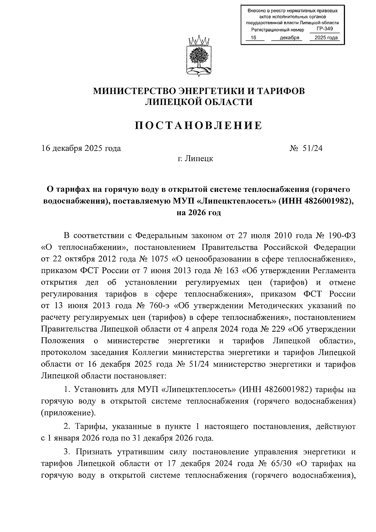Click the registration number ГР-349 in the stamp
(x=324, y=29)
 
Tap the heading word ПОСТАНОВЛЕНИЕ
(x=199, y=125)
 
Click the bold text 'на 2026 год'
(x=199, y=213)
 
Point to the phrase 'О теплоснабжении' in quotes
(x=83, y=247)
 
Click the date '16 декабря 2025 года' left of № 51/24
(x=81, y=148)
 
